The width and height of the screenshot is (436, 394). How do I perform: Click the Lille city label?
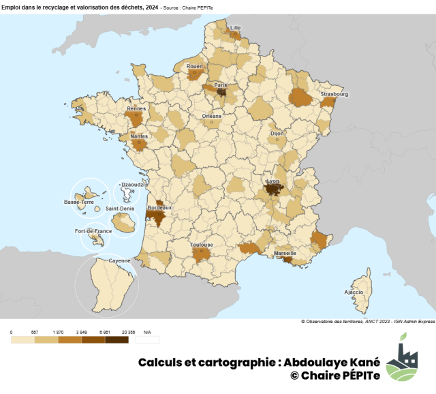point(236,28)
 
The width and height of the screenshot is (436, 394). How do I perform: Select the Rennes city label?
point(136,108)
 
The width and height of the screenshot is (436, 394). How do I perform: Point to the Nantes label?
point(138,136)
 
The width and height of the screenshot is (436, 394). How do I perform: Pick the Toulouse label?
point(202,245)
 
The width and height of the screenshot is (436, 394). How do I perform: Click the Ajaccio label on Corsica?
point(354,292)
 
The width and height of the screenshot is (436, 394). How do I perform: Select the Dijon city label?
point(277,134)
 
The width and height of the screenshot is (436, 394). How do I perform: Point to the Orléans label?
point(212,116)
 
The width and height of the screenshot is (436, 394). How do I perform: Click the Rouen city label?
point(195,66)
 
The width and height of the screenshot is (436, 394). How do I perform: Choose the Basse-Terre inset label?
point(79,202)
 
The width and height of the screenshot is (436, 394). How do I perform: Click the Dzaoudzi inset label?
point(129,184)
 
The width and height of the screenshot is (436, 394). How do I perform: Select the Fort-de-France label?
point(93,231)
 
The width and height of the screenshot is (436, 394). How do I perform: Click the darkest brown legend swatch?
point(118,339)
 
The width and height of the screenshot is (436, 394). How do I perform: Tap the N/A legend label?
point(146,332)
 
